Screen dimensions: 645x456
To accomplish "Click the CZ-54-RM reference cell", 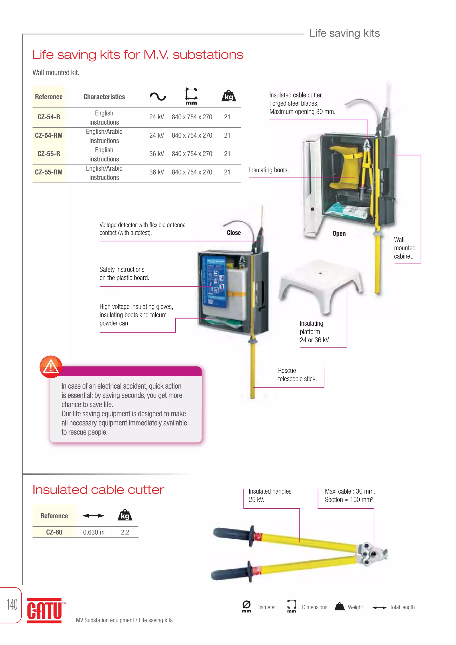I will [x=49, y=135].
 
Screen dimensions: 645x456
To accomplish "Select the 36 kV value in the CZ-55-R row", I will [x=156, y=154].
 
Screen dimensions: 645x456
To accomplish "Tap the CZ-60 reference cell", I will [x=54, y=532].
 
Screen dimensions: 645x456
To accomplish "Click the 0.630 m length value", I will [x=94, y=532].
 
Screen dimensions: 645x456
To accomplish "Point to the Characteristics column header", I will [x=104, y=97].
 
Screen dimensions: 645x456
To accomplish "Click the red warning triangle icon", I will [x=51, y=367].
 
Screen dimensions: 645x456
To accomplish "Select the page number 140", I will [x=12, y=604].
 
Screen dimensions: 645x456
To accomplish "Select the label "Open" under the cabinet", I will [x=339, y=234].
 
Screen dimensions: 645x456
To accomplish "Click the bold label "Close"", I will [x=234, y=233].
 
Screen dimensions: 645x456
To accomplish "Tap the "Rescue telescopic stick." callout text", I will [x=297, y=375].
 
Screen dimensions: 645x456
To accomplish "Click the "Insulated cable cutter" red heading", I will [x=98, y=490].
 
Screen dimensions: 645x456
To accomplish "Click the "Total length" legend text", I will [x=402, y=607].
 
